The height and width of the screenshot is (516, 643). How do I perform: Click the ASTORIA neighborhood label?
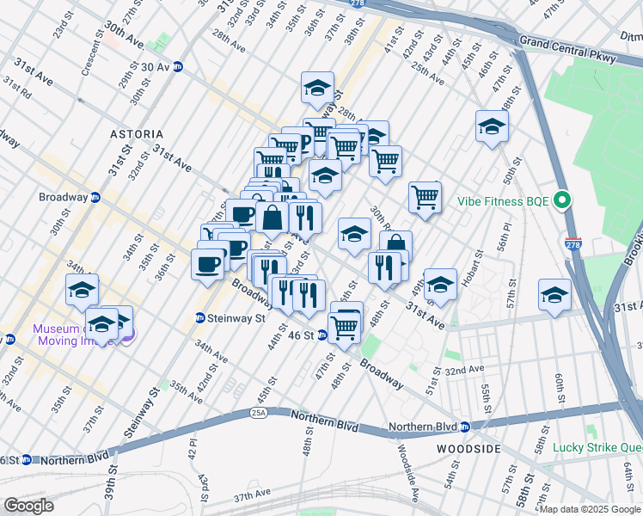[x=137, y=135]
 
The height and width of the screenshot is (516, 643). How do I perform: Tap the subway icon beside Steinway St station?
[x=199, y=318]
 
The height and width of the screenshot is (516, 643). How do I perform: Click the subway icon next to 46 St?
[x=322, y=335]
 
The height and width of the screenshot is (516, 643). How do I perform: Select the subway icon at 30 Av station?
[x=178, y=66]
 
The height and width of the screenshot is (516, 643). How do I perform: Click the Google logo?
[x=28, y=506]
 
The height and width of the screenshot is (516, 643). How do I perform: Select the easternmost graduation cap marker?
[x=554, y=294]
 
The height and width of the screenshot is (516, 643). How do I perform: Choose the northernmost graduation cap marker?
[x=317, y=87]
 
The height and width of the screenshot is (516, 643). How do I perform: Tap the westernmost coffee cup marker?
[x=207, y=262]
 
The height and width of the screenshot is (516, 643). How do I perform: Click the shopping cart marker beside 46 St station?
[x=345, y=326]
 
